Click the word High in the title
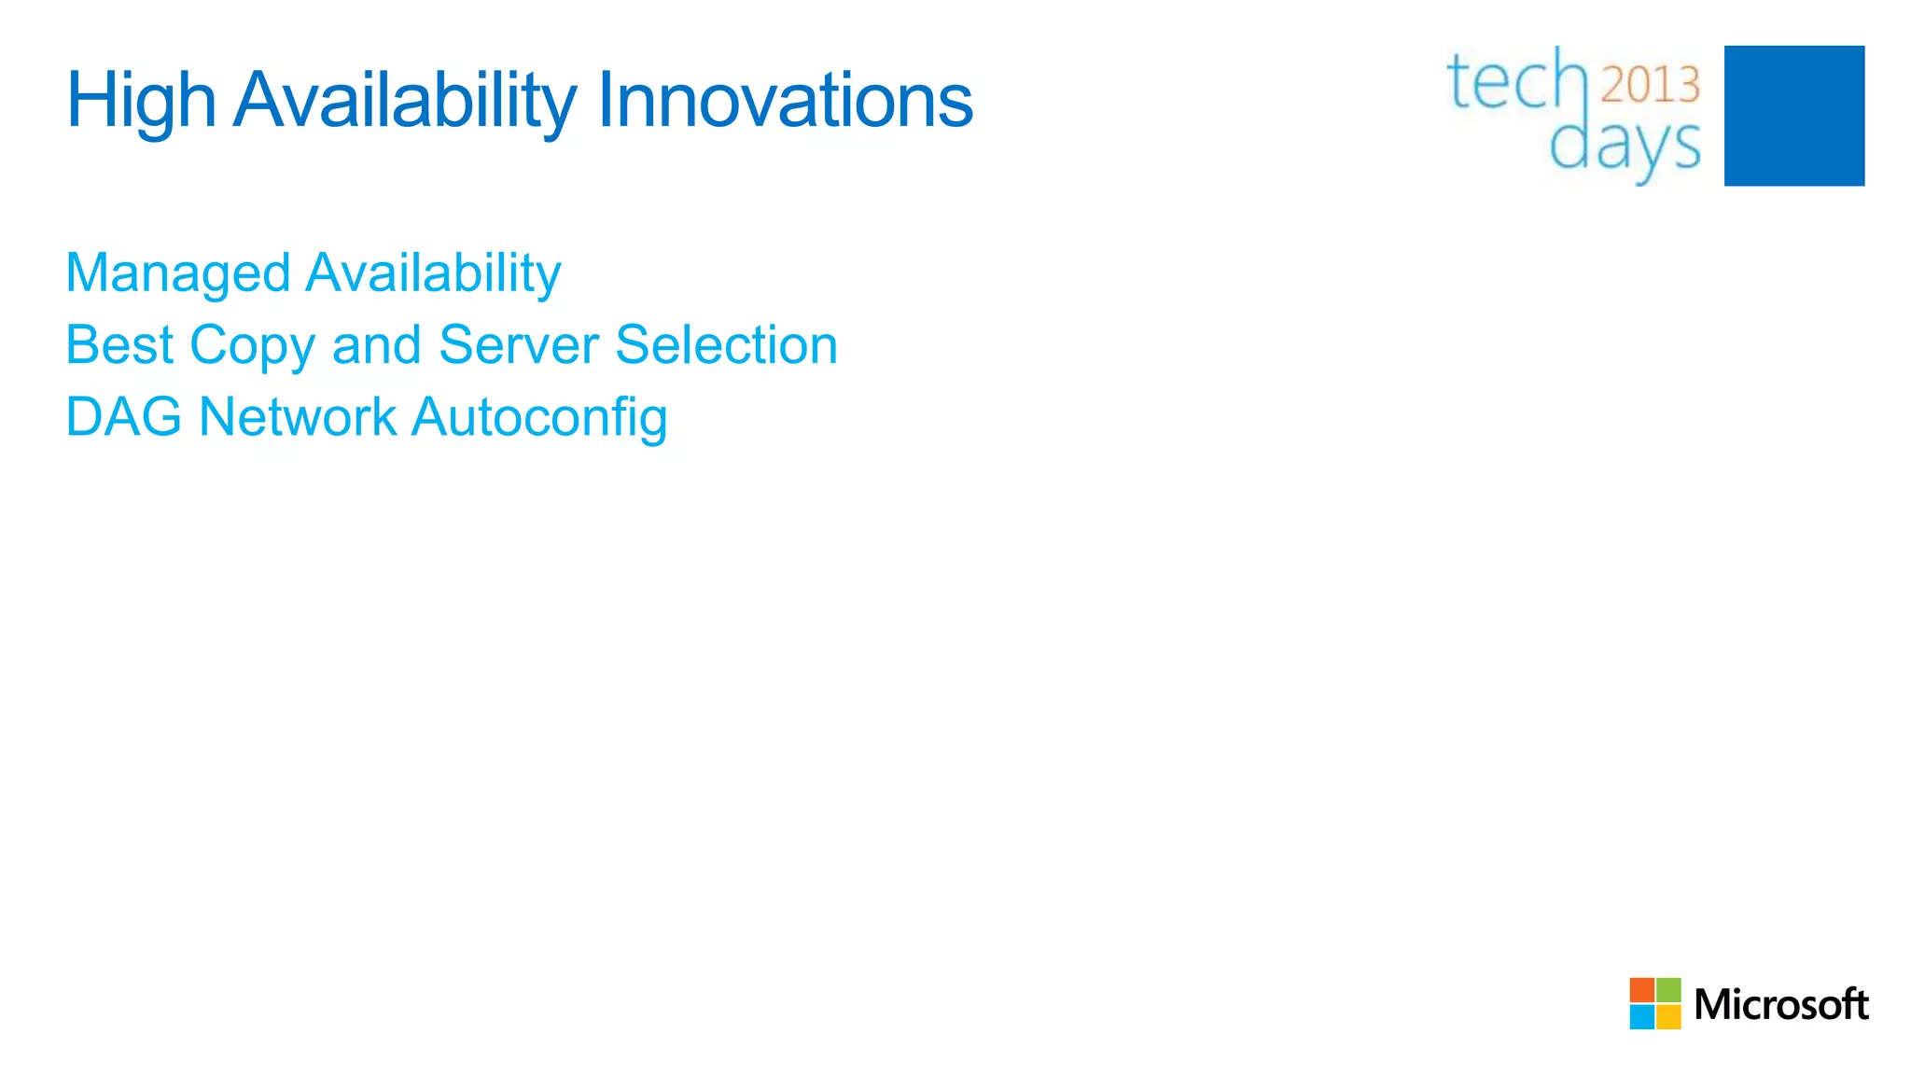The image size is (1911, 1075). tap(141, 101)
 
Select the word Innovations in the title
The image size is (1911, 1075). tap(785, 101)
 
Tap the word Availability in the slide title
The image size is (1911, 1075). tap(405, 101)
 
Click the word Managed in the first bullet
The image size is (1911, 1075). tap(177, 274)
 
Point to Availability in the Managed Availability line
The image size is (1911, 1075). tap(433, 274)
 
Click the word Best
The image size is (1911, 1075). tap(119, 345)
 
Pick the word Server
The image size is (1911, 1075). tap(519, 345)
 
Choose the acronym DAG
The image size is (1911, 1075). tap(123, 417)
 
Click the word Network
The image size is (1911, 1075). tap(298, 417)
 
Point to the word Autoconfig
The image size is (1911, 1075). tap(539, 418)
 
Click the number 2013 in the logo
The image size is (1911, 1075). tap(1651, 85)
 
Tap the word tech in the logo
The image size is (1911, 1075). tap(1516, 81)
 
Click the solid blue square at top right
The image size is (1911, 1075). tap(1793, 116)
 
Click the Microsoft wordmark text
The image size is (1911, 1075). tap(1780, 1005)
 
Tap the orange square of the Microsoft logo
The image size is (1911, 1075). tap(1641, 990)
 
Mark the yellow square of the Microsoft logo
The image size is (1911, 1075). tap(1668, 1017)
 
